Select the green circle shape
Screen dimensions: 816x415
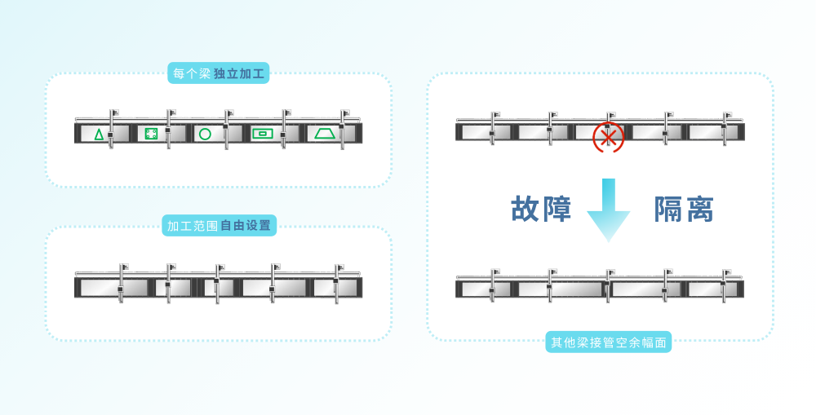(205, 135)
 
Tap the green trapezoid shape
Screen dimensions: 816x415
(325, 134)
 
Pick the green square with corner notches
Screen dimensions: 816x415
(151, 134)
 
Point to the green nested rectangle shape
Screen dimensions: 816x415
(262, 134)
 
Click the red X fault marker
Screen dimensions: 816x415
(607, 137)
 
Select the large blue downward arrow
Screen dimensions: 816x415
(609, 210)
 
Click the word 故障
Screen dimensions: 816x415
(541, 209)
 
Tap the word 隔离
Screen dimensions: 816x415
(683, 209)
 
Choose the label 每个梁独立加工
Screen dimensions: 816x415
(219, 73)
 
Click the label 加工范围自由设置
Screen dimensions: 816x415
(219, 226)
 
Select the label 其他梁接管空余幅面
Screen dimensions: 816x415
(609, 342)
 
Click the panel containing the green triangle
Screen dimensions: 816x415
(104, 134)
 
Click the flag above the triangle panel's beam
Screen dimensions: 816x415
(115, 113)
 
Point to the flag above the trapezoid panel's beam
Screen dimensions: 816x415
(345, 113)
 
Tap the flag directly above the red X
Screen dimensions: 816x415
(611, 114)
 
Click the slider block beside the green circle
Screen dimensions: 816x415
(225, 126)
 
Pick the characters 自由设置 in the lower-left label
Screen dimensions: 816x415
(246, 226)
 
